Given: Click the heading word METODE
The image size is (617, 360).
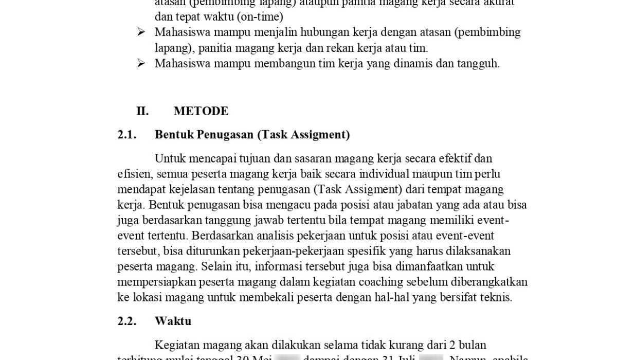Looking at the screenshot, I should click(x=201, y=111).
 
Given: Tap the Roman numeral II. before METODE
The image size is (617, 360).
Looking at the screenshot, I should click(x=142, y=111).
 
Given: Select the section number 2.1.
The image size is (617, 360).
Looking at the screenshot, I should click(x=127, y=135).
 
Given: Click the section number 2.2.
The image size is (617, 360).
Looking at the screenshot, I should click(x=127, y=321).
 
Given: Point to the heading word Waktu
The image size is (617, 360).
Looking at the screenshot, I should click(x=173, y=321).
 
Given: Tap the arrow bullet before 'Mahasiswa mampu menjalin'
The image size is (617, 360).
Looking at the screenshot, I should click(x=141, y=32).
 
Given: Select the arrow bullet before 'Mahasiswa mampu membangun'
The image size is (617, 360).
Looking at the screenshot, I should click(x=141, y=63).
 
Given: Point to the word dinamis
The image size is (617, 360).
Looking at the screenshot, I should click(x=412, y=63).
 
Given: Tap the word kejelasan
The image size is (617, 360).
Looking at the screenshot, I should click(x=181, y=189).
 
